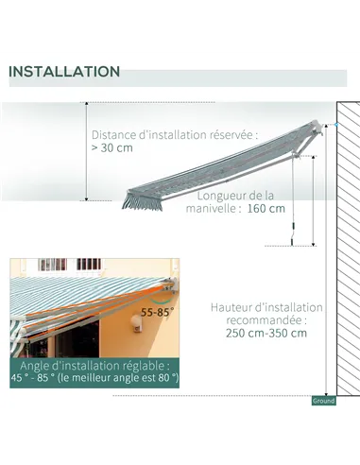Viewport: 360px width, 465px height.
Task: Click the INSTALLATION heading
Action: (64, 72)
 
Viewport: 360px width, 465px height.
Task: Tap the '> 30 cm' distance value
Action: (112, 148)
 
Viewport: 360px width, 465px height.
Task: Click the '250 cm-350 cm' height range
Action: (266, 332)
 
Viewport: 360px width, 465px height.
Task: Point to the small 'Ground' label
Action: (323, 401)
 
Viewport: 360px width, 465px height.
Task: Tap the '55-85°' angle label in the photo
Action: (158, 310)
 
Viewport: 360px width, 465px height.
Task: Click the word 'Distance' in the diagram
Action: (114, 134)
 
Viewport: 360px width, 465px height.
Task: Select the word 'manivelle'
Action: (218, 208)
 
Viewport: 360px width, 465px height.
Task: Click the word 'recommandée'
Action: (265, 319)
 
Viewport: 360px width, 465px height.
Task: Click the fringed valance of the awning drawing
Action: (143, 201)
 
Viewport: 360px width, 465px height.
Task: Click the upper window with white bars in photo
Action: (89, 265)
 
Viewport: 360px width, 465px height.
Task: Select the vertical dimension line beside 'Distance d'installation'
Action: (86, 151)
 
